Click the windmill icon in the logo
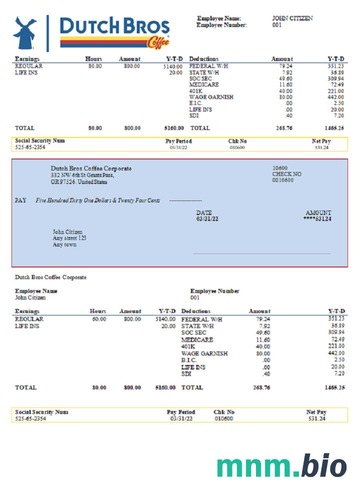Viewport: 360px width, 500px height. point(24,32)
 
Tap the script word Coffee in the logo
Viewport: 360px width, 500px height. point(158,43)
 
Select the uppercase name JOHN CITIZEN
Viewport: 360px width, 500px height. point(292,18)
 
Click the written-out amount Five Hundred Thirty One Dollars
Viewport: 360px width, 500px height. point(98,200)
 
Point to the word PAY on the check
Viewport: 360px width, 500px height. point(20,200)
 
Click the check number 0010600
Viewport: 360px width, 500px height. point(282,180)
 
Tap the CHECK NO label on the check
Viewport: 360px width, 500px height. point(286,174)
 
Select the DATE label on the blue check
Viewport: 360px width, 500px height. point(203,212)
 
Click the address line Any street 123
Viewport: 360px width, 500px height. point(69,238)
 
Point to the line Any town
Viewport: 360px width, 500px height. point(64,245)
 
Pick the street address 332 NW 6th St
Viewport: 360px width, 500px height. point(82,175)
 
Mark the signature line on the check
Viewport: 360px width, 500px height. point(261,254)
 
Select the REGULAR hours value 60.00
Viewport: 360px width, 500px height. point(98,318)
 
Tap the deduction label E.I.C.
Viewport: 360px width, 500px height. point(195,103)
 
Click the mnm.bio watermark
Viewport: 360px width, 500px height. point(281,466)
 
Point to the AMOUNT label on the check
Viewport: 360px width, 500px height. point(318,212)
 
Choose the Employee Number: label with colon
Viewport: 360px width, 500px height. point(221,25)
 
